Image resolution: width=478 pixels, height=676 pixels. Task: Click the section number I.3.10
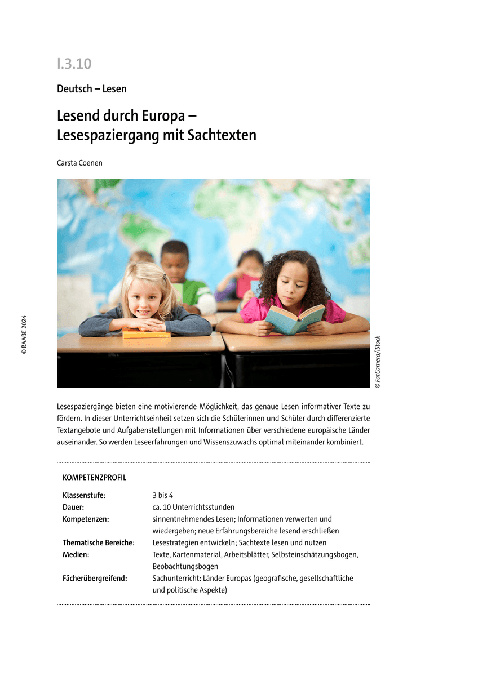[x=74, y=64]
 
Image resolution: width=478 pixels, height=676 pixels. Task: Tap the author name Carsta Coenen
[x=79, y=163]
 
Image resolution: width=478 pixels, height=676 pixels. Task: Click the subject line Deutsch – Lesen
[x=92, y=89]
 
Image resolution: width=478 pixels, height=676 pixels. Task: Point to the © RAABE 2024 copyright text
[x=24, y=334]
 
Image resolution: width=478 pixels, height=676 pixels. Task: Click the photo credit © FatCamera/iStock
[x=378, y=362]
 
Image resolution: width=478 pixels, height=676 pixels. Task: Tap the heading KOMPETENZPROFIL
[x=95, y=478]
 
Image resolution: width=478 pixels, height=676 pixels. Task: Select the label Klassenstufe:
[x=84, y=496]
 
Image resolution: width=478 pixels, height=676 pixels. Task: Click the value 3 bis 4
[x=162, y=496]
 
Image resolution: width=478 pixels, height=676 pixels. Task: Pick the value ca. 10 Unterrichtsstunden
[x=193, y=507]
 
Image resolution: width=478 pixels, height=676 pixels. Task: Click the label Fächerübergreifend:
[x=94, y=579]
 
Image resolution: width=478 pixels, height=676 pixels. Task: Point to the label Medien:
[x=76, y=555]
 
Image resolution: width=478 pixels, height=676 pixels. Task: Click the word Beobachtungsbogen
[x=185, y=566]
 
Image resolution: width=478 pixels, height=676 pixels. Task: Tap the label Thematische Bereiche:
[x=99, y=543]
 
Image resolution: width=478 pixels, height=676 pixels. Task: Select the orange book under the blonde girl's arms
[x=146, y=333]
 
